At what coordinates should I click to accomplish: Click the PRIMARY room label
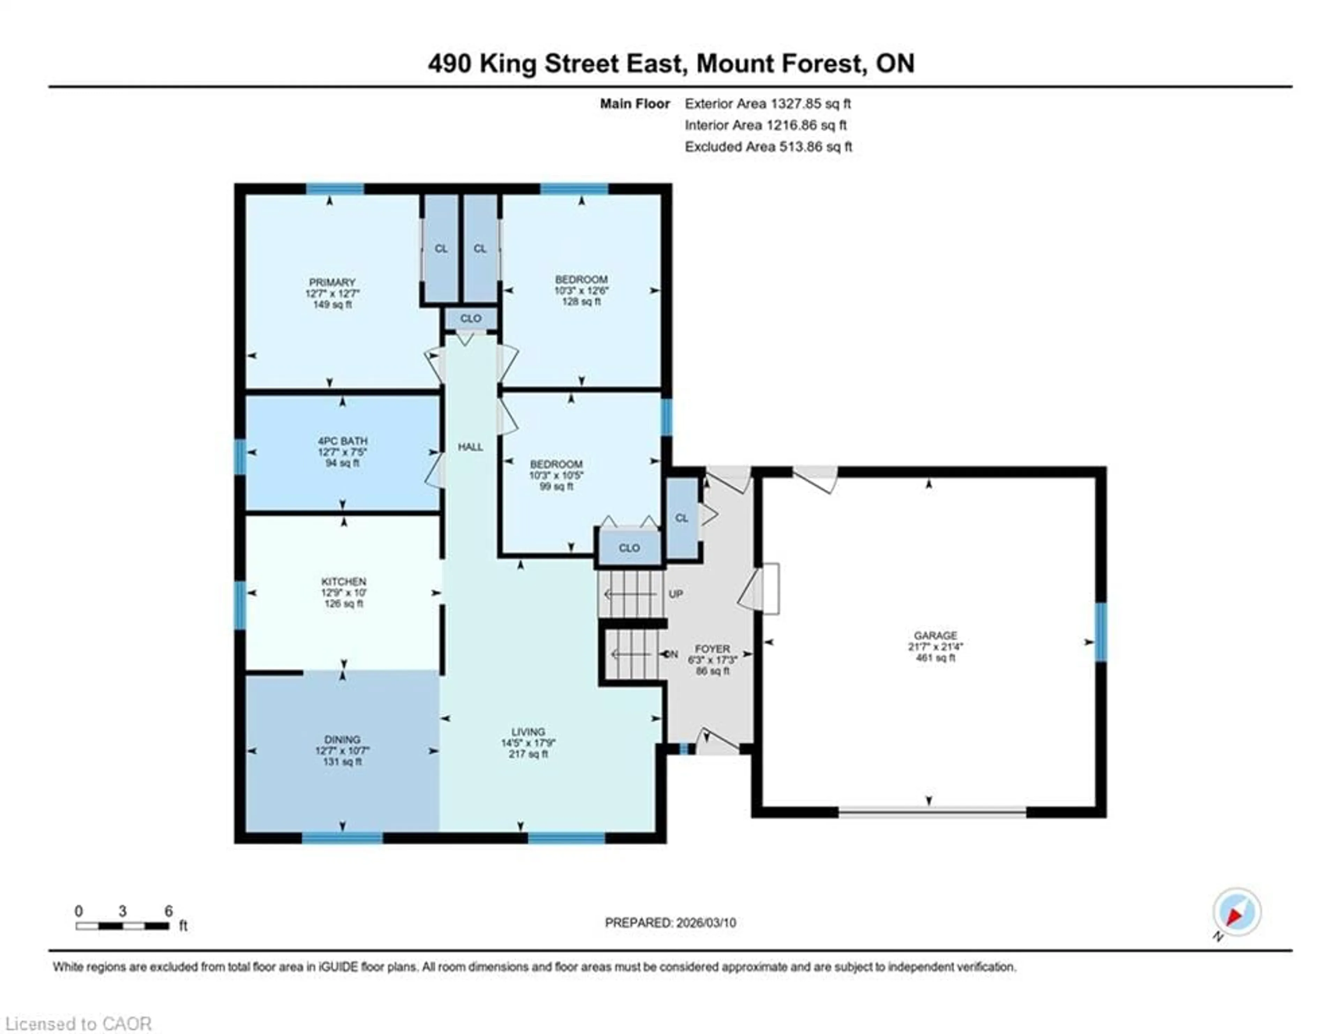click(332, 282)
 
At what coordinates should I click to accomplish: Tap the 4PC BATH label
click(342, 441)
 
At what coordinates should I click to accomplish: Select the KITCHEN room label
click(344, 582)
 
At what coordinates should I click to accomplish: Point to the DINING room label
click(342, 740)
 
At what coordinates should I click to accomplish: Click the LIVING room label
click(528, 732)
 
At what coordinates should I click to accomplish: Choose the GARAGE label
click(935, 635)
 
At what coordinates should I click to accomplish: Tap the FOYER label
click(712, 649)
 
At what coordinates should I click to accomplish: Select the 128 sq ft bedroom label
click(581, 280)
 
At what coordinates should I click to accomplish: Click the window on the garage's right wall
click(1101, 632)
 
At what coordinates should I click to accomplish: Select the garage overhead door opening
click(932, 812)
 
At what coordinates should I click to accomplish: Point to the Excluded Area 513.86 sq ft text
click(768, 147)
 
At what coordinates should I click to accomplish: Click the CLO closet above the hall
click(471, 318)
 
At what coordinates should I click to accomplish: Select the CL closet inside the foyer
click(682, 518)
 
